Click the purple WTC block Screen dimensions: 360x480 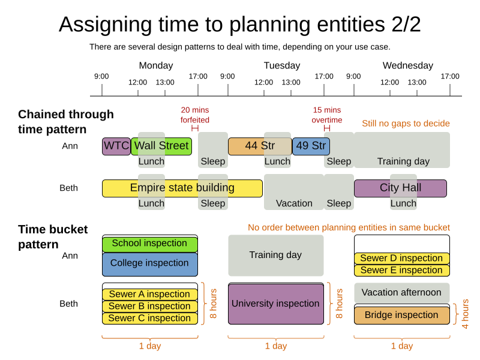tap(116, 146)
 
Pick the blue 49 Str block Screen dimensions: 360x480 tap(310, 146)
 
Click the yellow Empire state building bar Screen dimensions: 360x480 tap(182, 188)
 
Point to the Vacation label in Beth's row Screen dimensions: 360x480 tap(294, 203)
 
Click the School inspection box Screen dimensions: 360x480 tap(149, 244)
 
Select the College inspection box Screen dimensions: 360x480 tap(149, 263)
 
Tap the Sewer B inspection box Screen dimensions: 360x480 tap(149, 306)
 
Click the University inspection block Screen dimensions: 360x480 tap(275, 304)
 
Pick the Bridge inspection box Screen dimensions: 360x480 tap(401, 315)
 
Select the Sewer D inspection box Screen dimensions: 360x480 tap(401, 259)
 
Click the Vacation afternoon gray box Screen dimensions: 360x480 tap(401, 293)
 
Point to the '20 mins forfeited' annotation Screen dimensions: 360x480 tap(195, 115)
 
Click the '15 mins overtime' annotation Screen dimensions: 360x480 tap(326, 115)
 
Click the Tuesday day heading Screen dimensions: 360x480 tap(281, 66)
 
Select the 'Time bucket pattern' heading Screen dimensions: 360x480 tap(53, 237)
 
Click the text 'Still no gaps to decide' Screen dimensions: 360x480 tap(406, 124)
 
